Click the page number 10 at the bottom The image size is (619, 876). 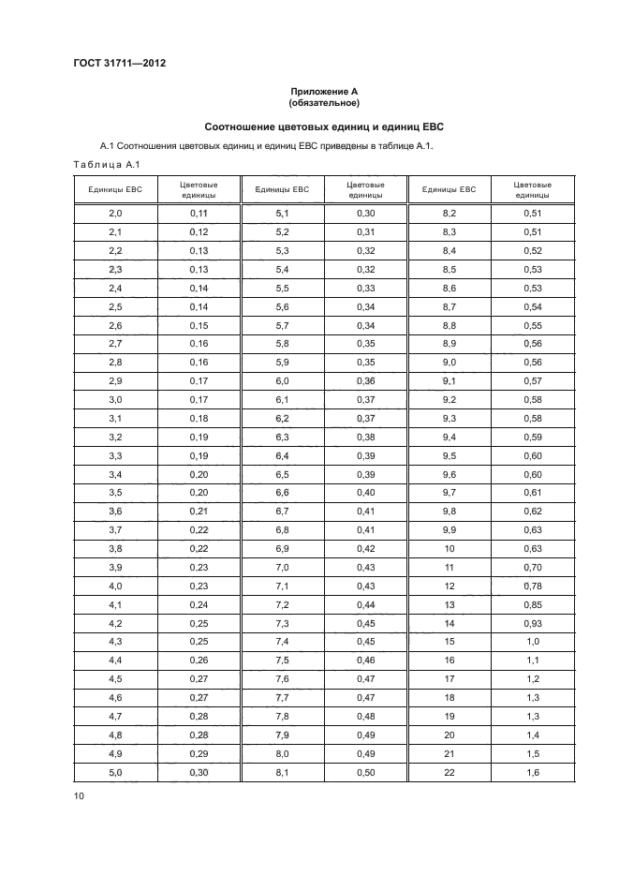tap(79, 795)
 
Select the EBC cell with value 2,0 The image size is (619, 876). tap(115, 214)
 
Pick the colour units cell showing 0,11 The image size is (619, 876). tap(198, 214)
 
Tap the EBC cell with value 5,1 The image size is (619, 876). tap(282, 214)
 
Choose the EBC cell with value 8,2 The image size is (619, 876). tap(449, 214)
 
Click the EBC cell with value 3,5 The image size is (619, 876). tap(115, 491)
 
